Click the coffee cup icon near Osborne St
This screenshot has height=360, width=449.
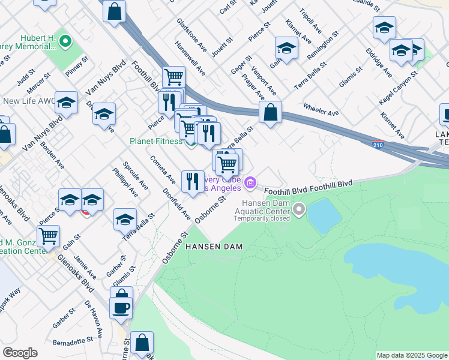(x=121, y=307)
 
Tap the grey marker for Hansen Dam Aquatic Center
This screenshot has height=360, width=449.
(x=298, y=209)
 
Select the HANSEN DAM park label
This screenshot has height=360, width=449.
(x=209, y=247)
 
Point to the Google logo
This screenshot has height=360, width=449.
(x=20, y=353)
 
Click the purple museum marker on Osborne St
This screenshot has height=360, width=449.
(x=251, y=181)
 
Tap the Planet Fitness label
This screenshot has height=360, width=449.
(x=155, y=141)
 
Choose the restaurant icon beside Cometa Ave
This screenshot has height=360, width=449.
(x=193, y=181)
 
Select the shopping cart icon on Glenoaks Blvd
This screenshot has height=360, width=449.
(x=48, y=236)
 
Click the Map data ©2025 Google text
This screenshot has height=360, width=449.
(x=411, y=355)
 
